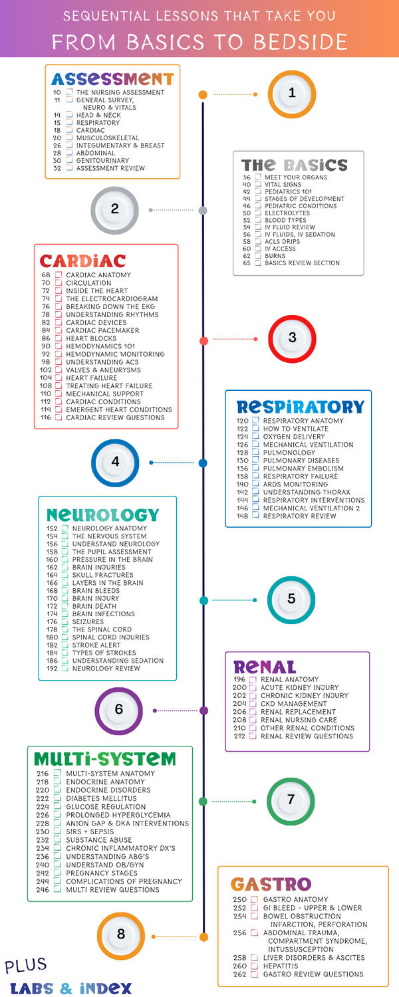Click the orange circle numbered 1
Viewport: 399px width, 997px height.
[292, 94]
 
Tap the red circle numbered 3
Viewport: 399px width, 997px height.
[292, 338]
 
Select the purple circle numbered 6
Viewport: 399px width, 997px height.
[118, 710]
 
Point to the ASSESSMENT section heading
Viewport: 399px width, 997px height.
[112, 79]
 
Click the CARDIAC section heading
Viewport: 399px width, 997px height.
[82, 260]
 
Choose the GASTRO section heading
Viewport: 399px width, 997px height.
[271, 884]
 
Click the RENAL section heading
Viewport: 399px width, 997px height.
[265, 667]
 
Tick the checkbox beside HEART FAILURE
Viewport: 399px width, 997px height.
[59, 378]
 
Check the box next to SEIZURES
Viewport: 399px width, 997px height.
[65, 621]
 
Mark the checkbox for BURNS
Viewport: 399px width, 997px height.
[257, 256]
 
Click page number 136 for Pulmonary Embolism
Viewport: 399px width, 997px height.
[242, 469]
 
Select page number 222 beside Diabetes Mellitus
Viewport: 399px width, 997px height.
[43, 798]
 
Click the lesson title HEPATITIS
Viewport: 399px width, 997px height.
[281, 966]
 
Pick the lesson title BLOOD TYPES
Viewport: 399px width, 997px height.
[285, 220]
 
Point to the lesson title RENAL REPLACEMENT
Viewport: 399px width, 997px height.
[298, 712]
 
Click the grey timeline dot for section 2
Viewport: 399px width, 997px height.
[203, 210]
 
